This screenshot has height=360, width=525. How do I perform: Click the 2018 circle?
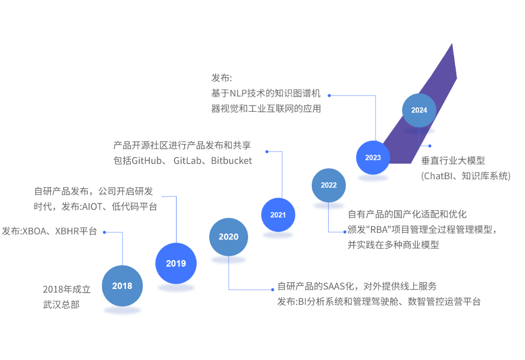[x=122, y=286]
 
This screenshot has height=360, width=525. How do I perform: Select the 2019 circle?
[x=176, y=263]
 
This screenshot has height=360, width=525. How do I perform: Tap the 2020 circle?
[x=229, y=236]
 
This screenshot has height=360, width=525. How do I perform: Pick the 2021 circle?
[x=278, y=215]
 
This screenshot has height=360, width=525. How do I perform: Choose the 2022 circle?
[x=329, y=185]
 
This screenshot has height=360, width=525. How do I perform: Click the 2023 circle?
[x=373, y=157]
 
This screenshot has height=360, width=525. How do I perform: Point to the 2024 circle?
[x=419, y=110]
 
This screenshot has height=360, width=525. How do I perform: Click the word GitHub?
[x=148, y=160]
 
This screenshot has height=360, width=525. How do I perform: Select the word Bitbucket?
[x=231, y=160]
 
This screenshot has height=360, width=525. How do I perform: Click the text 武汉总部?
[x=61, y=305]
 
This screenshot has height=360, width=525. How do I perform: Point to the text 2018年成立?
[x=66, y=290]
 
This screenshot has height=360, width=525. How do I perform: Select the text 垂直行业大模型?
[x=453, y=160]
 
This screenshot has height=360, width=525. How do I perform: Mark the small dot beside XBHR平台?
[x=104, y=232]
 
